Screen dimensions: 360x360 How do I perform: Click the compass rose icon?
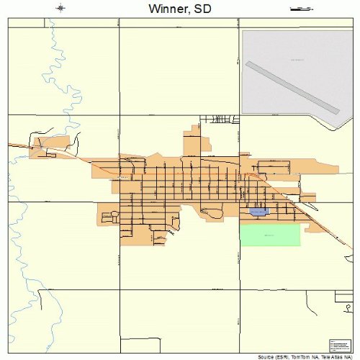(61, 9)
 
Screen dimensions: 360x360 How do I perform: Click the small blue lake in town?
(258, 212)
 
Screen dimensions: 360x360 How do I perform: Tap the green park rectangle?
(269, 235)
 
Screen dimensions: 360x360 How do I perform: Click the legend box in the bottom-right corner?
(338, 345)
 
